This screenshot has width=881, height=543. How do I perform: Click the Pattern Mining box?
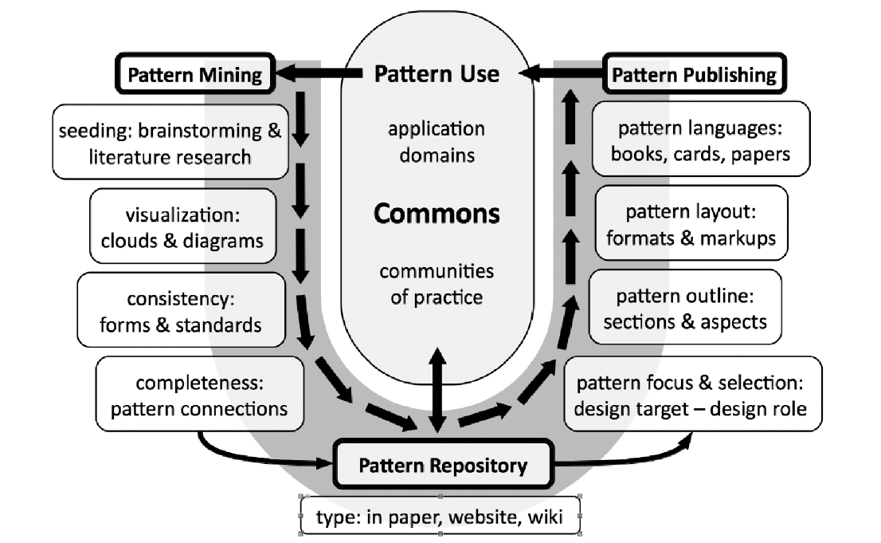pyautogui.click(x=195, y=75)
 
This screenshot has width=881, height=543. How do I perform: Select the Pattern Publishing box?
pyautogui.click(x=694, y=75)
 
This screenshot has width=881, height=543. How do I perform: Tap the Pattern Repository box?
pyautogui.click(x=443, y=466)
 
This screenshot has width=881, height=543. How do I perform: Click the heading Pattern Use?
pyautogui.click(x=437, y=74)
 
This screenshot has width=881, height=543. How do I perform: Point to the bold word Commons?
pyautogui.click(x=437, y=214)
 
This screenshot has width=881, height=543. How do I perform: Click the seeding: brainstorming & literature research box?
pyautogui.click(x=170, y=142)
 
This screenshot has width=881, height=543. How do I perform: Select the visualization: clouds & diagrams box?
pyautogui.click(x=182, y=226)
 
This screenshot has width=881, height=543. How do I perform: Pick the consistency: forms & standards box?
pyautogui.click(x=181, y=311)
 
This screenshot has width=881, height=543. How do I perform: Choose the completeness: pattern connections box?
pyautogui.click(x=199, y=397)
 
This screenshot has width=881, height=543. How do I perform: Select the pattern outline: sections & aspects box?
pyautogui.click(x=685, y=309)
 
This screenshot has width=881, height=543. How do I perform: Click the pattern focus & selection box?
pyautogui.click(x=691, y=395)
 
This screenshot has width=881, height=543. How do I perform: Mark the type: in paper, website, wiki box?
pyautogui.click(x=440, y=517)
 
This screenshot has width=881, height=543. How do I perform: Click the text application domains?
pyautogui.click(x=437, y=141)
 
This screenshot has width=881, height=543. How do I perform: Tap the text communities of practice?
pyautogui.click(x=437, y=284)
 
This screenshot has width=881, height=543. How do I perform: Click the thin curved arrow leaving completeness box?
pyautogui.click(x=255, y=458)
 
